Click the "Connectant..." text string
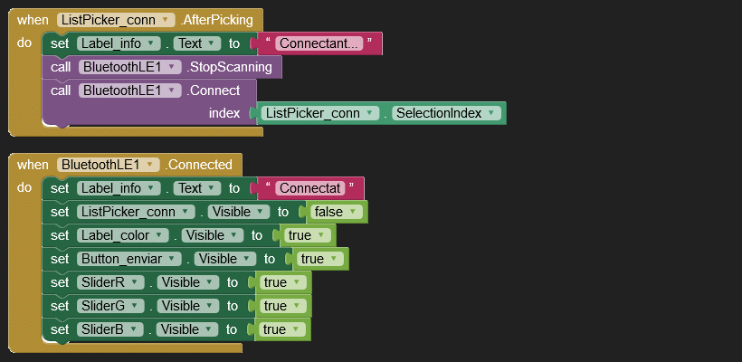pos(319,43)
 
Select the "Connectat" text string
pos(310,188)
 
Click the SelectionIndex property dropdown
pos(446,113)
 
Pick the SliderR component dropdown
pos(110,282)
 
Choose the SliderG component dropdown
pos(110,306)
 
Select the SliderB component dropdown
pos(109,329)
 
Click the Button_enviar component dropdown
pos(129,259)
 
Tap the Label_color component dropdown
pos(122,235)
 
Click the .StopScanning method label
pos(230,67)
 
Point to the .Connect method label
pos(214,90)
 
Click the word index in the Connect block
pos(224,113)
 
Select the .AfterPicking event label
pos(217,20)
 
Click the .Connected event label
pos(198,165)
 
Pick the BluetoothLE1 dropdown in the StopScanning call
pos(129,67)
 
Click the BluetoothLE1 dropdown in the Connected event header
pos(108,165)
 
